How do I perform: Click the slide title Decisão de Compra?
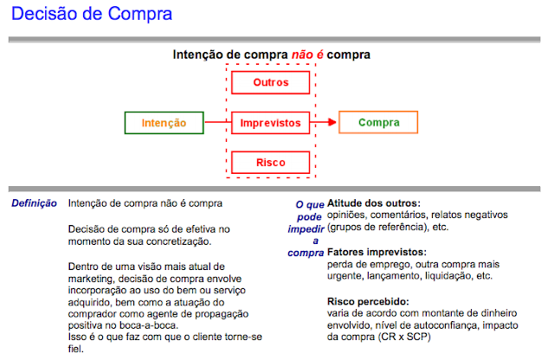86,15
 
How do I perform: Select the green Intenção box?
164,123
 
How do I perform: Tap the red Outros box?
270,83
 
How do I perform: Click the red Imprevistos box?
270,123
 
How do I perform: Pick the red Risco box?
270,163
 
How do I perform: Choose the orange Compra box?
378,123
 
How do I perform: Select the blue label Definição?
34,204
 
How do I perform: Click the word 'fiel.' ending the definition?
77,350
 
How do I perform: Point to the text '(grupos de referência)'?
377,228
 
